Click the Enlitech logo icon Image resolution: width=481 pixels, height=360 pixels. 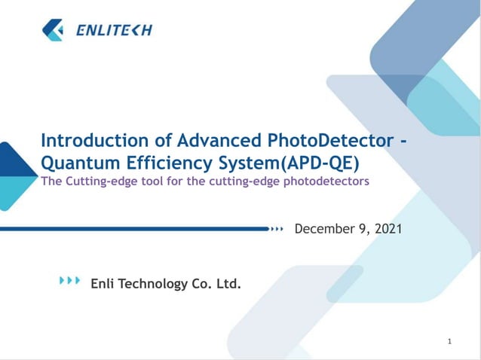pos(54,30)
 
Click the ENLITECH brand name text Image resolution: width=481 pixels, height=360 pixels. pos(114,30)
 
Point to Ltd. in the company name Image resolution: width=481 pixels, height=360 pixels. pos(229,284)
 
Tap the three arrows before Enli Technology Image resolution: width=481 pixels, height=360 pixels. pos(69,281)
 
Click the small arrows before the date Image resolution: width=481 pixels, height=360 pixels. pos(279,227)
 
